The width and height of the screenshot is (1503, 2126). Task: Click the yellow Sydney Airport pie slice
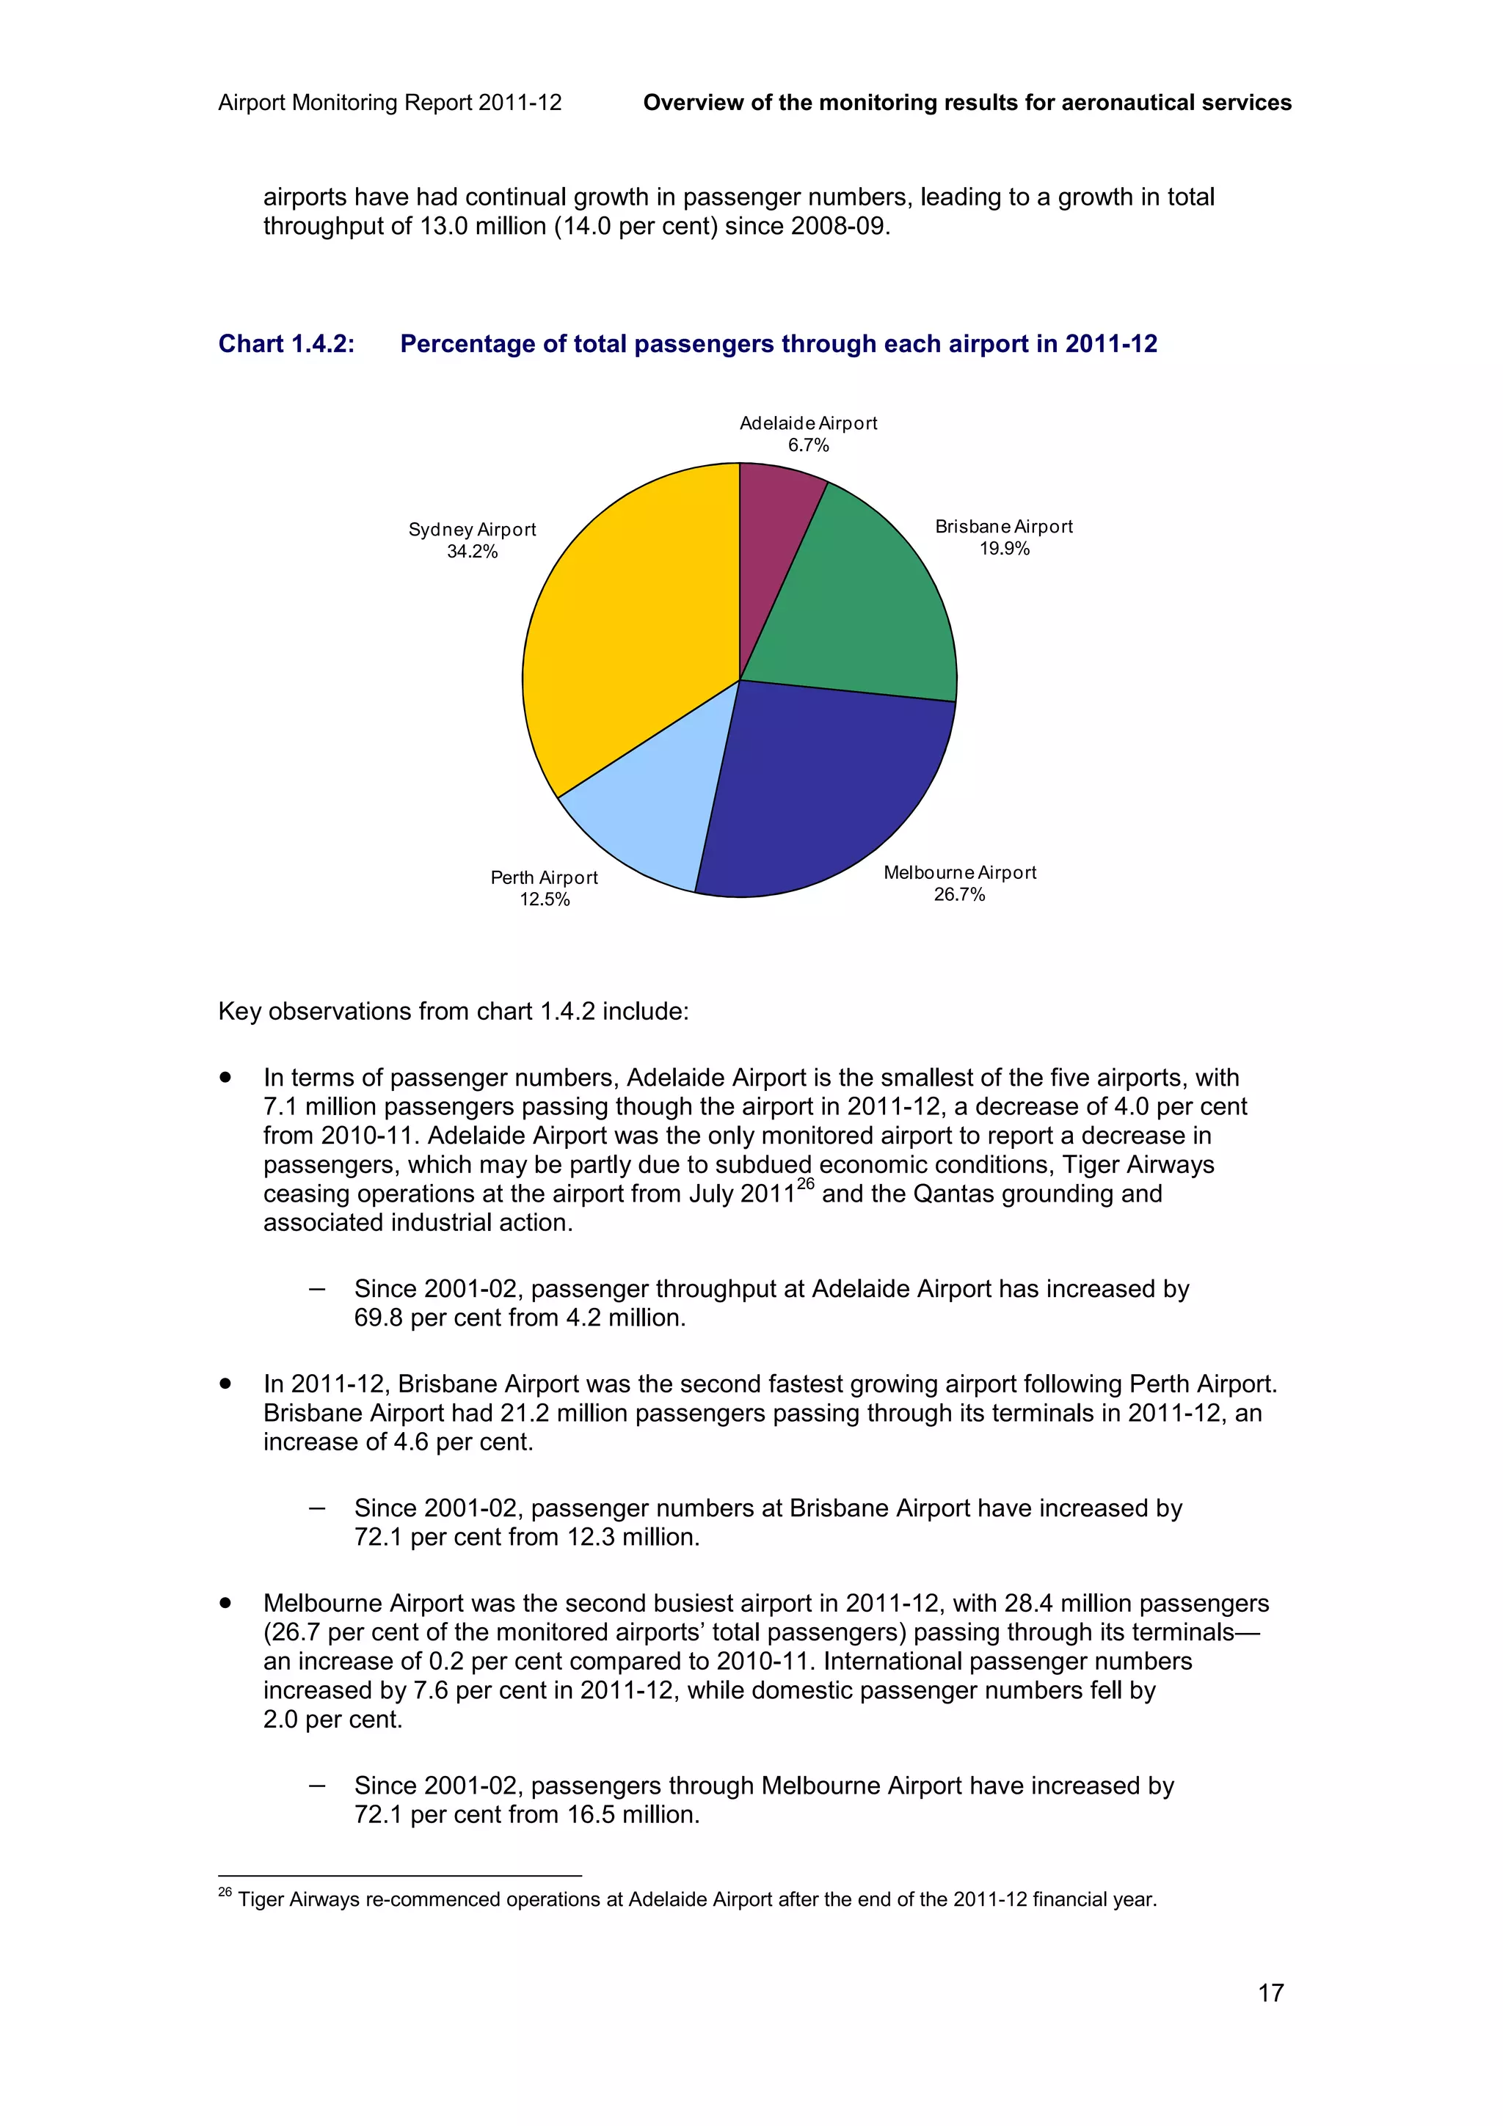click(620, 629)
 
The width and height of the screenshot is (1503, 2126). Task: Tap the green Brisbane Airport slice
click(862, 611)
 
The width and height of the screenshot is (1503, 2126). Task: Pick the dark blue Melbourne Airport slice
click(824, 796)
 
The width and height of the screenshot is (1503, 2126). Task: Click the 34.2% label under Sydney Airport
click(473, 552)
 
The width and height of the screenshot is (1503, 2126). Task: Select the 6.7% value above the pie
click(809, 445)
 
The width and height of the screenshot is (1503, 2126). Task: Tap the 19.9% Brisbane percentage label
click(1005, 549)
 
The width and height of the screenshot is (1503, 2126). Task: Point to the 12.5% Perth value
click(545, 900)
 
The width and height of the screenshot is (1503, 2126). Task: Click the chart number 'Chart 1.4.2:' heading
click(286, 345)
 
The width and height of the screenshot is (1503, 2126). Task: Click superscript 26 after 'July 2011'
click(806, 1184)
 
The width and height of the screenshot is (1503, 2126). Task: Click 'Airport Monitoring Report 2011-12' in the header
click(390, 103)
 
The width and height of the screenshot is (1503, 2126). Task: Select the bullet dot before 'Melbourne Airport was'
click(225, 1603)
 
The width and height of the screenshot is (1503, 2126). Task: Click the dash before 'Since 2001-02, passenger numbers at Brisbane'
click(318, 1508)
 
